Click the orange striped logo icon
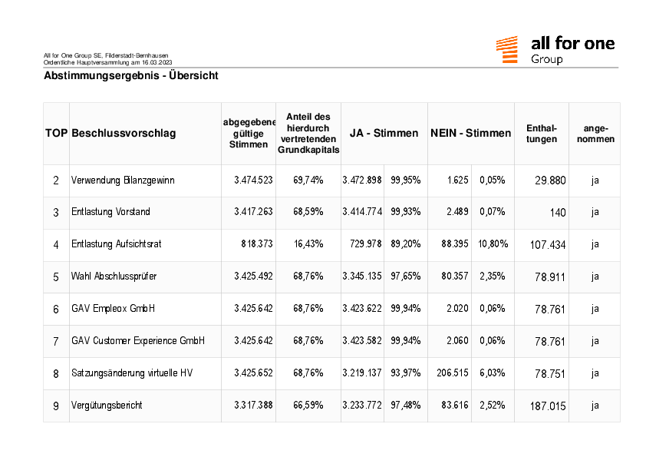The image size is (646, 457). (506, 49)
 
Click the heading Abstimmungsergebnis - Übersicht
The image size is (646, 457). (131, 75)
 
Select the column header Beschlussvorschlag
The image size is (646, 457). (124, 133)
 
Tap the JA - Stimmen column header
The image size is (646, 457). (384, 133)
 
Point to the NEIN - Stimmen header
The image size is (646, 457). (471, 133)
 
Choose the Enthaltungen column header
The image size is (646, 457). (542, 134)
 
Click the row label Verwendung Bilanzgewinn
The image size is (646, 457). (123, 180)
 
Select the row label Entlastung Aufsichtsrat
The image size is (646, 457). (116, 243)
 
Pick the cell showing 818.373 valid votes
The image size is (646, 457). (257, 243)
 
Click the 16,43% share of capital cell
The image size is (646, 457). (308, 243)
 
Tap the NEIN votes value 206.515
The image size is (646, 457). (453, 373)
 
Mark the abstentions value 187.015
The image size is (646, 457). (548, 406)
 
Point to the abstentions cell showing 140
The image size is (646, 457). (558, 213)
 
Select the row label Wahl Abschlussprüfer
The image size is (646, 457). (114, 277)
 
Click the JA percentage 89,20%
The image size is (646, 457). (406, 243)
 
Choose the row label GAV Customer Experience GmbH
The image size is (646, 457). (138, 341)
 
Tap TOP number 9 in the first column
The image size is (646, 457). (56, 406)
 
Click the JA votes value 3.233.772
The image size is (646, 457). (362, 405)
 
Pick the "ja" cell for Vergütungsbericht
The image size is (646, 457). (595, 406)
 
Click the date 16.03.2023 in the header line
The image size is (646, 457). (157, 63)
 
